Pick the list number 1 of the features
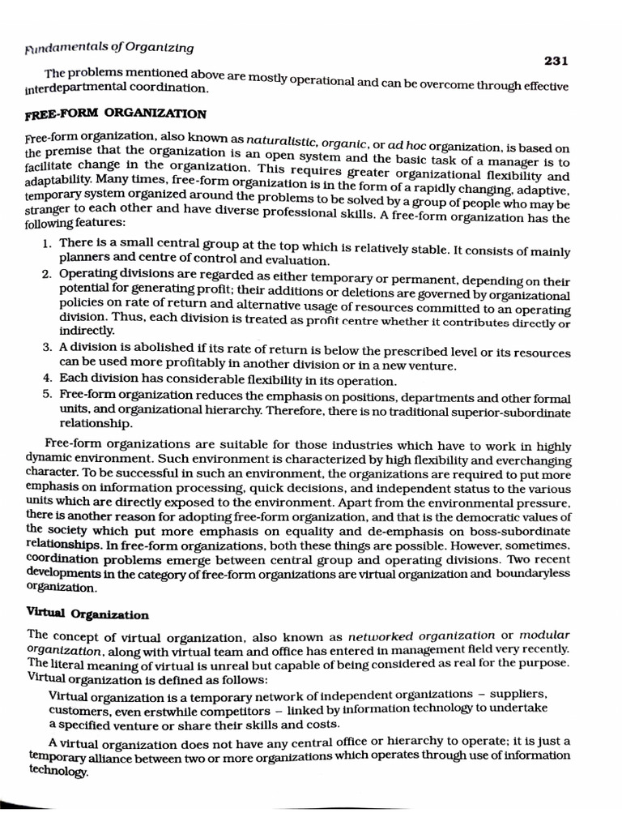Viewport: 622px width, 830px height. point(48,243)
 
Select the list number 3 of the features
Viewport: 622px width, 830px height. point(48,348)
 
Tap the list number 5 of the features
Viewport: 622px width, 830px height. point(48,395)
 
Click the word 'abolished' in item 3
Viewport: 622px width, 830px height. point(137,348)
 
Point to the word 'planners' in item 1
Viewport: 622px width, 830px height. point(83,259)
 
